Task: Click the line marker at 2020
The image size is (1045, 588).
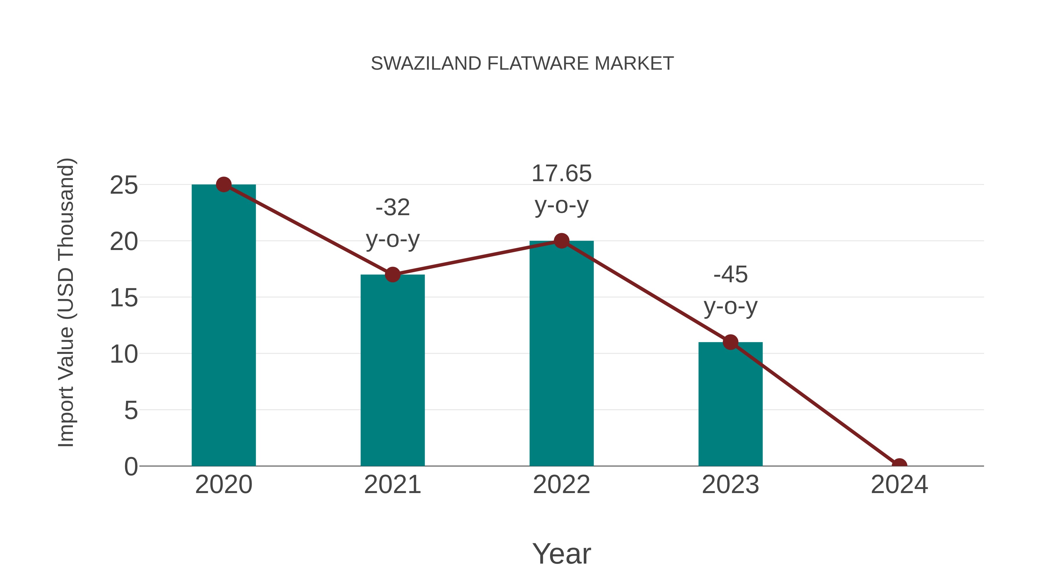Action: pyautogui.click(x=224, y=185)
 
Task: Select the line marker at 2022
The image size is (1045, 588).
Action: pyautogui.click(x=561, y=241)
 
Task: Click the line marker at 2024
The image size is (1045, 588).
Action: pyautogui.click(x=899, y=465)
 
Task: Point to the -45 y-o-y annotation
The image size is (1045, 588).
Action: pyautogui.click(x=730, y=291)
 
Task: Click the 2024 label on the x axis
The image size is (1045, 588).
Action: pyautogui.click(x=899, y=485)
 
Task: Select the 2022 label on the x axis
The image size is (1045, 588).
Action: pyautogui.click(x=561, y=485)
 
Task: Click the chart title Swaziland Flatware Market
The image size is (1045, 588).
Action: pyautogui.click(x=522, y=64)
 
